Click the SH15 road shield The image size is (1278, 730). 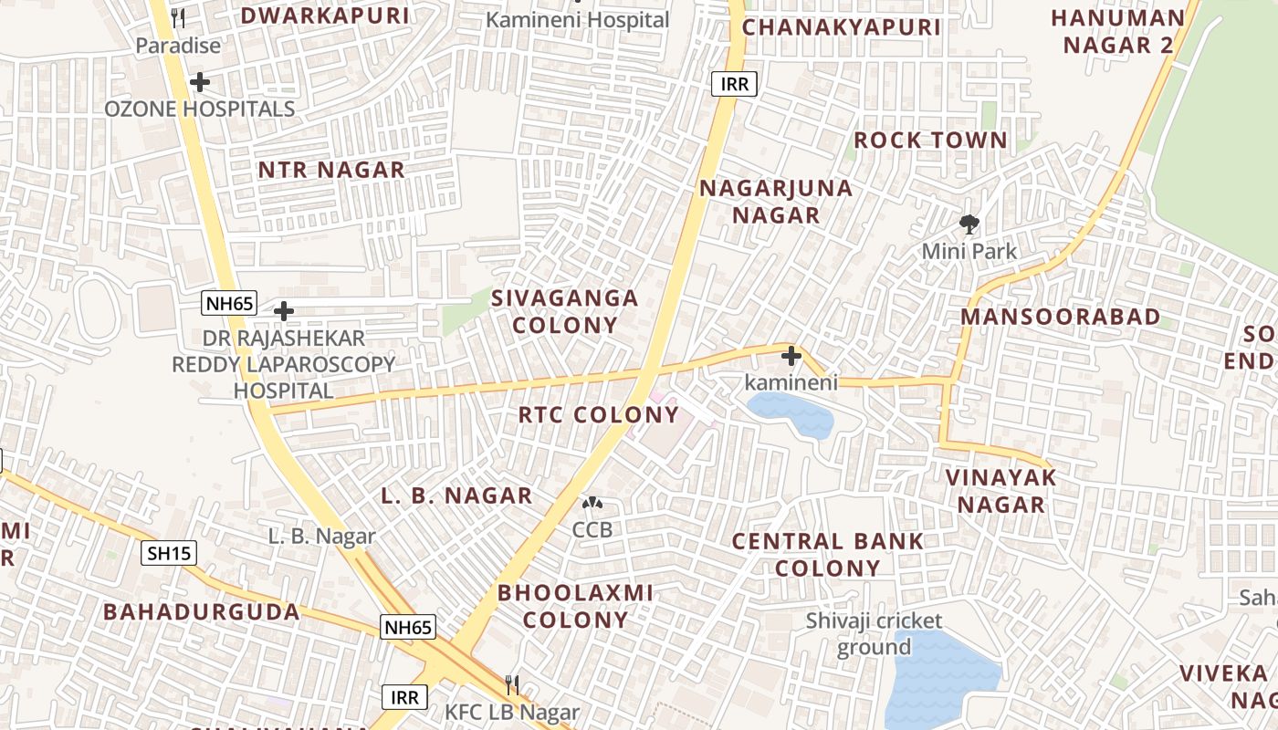(x=169, y=552)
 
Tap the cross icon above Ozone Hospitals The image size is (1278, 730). (x=200, y=83)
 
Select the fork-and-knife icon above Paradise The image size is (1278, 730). (x=178, y=18)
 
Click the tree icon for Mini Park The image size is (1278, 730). (x=969, y=223)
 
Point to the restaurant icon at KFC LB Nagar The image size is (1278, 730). (x=512, y=684)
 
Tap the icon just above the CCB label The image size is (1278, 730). (x=592, y=503)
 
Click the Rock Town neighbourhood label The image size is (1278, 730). (x=930, y=141)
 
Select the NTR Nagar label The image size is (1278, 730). (x=331, y=170)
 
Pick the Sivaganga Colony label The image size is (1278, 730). (x=565, y=311)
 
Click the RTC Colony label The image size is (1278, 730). (x=599, y=415)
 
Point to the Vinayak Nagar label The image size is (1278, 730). (x=1000, y=491)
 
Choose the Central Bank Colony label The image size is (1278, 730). (x=828, y=555)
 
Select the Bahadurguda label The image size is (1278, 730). (x=202, y=611)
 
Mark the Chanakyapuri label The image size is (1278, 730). (x=841, y=27)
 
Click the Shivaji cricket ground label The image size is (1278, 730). (x=874, y=633)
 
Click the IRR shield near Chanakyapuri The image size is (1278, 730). (x=734, y=85)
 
